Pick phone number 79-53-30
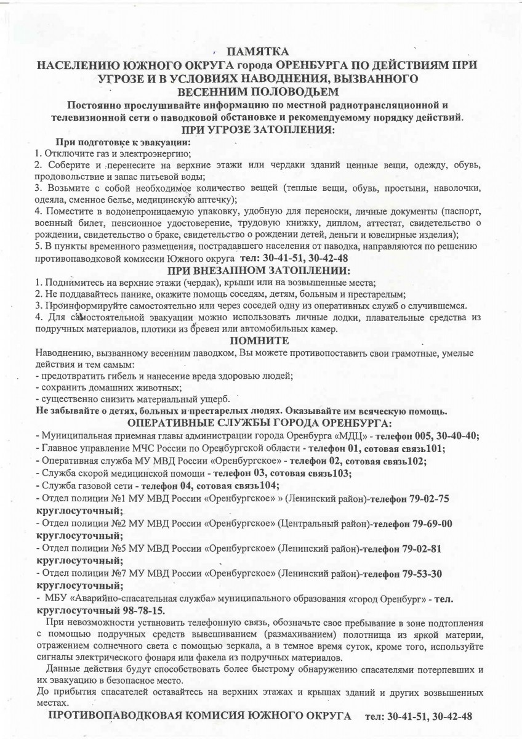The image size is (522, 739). point(422,573)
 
